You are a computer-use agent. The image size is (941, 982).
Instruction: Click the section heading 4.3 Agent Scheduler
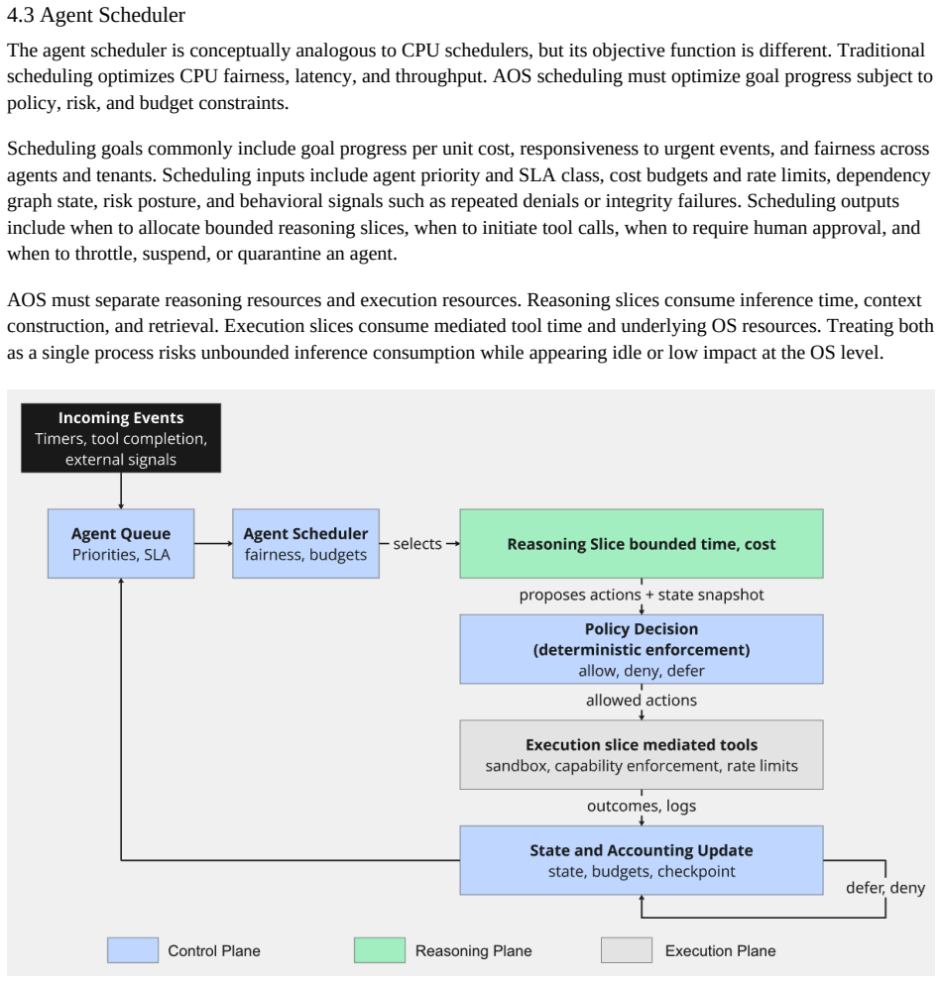pyautogui.click(x=96, y=15)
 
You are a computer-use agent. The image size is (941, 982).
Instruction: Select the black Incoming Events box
pyautogui.click(x=121, y=438)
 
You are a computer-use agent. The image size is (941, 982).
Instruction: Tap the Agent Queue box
pyautogui.click(x=121, y=544)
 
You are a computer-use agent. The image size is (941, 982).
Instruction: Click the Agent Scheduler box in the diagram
pyautogui.click(x=305, y=544)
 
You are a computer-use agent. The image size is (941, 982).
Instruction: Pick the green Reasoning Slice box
pyautogui.click(x=642, y=544)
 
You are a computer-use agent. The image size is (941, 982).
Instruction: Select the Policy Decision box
pyautogui.click(x=642, y=649)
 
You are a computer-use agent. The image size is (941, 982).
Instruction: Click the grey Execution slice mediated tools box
pyautogui.click(x=642, y=755)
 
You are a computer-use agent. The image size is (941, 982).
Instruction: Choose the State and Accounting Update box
pyautogui.click(x=642, y=860)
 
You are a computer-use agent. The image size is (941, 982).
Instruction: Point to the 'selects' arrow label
pyautogui.click(x=417, y=544)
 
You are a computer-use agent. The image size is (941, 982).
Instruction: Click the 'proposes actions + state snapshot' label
pyautogui.click(x=642, y=595)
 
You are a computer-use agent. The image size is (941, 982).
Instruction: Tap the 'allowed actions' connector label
pyautogui.click(x=642, y=701)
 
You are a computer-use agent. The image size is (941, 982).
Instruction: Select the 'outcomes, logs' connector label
pyautogui.click(x=642, y=806)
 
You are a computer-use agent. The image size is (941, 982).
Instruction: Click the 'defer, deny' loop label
pyautogui.click(x=885, y=888)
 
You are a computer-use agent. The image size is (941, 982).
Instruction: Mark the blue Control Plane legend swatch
pyautogui.click(x=133, y=950)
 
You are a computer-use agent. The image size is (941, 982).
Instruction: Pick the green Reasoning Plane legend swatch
pyautogui.click(x=380, y=950)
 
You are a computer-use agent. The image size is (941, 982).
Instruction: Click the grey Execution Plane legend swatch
pyautogui.click(x=627, y=950)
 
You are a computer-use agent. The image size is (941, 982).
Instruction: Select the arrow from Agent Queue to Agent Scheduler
pyautogui.click(x=213, y=544)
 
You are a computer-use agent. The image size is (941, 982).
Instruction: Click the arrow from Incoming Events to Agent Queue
pyautogui.click(x=121, y=491)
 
